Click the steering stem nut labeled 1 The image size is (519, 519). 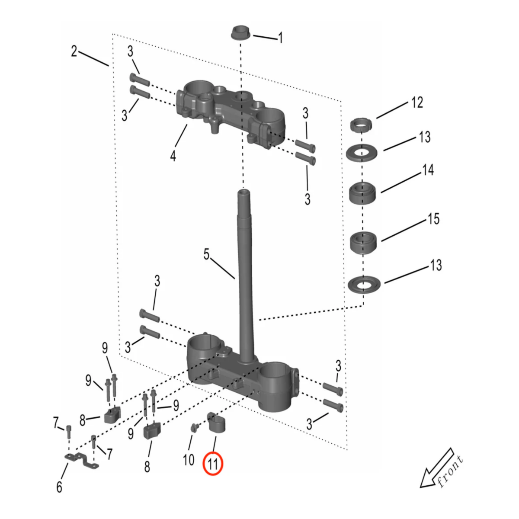click(x=240, y=33)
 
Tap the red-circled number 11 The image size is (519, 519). click(x=213, y=464)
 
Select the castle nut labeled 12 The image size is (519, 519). click(x=361, y=125)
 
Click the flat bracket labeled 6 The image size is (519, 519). click(x=82, y=461)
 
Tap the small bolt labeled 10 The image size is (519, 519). click(x=194, y=428)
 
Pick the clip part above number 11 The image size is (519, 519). click(x=215, y=422)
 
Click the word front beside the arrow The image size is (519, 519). click(x=451, y=471)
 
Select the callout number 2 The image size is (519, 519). click(x=74, y=51)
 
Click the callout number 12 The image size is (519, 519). click(x=417, y=103)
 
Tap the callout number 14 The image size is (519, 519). click(x=428, y=170)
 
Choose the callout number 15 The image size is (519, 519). click(x=433, y=219)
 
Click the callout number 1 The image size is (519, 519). click(x=280, y=38)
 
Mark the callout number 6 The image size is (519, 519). click(x=59, y=487)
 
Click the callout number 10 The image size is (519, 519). click(x=189, y=460)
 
